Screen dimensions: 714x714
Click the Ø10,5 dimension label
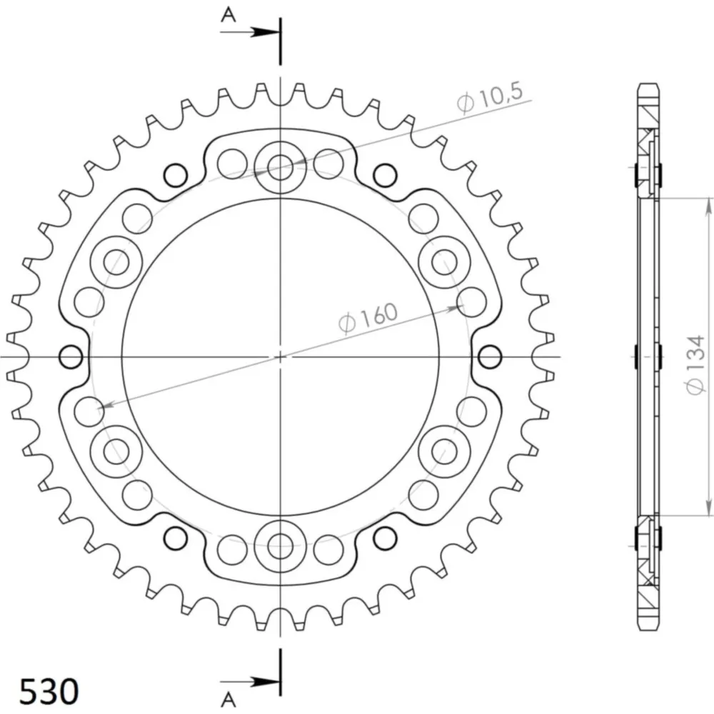[490, 97]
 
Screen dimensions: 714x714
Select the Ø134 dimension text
[695, 365]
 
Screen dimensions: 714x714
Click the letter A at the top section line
[228, 15]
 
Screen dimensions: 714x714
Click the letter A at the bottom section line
[228, 699]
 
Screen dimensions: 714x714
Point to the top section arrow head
[266, 32]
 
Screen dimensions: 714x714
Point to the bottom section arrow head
[266, 682]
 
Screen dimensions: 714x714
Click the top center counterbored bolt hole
[281, 168]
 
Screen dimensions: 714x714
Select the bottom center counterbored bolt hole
[281, 545]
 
